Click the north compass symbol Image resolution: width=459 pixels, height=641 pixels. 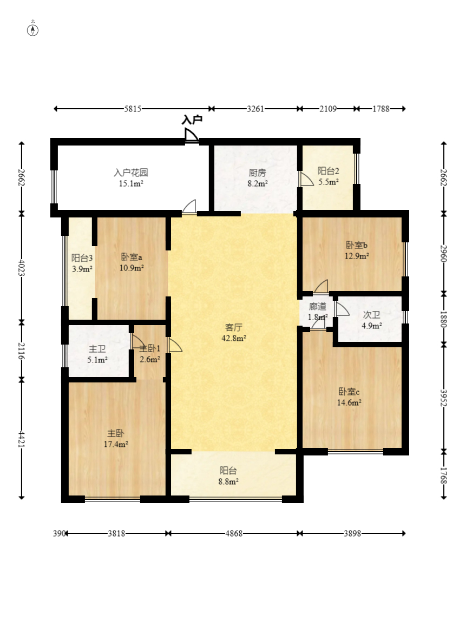tap(32, 30)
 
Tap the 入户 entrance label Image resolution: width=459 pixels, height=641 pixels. tap(192, 120)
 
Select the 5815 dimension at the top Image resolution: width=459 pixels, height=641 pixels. tap(133, 109)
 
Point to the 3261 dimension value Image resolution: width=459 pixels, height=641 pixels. tap(255, 109)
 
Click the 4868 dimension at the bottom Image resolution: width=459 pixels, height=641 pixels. tap(234, 533)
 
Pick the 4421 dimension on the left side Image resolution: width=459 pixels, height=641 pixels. tap(21, 439)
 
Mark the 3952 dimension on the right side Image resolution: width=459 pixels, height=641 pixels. tap(444, 398)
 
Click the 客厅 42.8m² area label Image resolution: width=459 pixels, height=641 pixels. tap(234, 333)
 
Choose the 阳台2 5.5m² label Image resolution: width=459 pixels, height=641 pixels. tap(329, 176)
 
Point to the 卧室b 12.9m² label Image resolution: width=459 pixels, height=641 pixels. tap(357, 250)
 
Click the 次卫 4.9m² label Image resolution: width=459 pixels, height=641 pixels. tap(372, 320)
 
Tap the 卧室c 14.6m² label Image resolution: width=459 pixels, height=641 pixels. tap(349, 397)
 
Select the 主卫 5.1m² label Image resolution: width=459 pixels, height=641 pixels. tap(97, 354)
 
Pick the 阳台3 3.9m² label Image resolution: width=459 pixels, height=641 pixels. tap(82, 263)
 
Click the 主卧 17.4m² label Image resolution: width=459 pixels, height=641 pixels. tap(116, 439)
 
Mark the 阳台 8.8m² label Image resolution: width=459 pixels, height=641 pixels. tap(228, 476)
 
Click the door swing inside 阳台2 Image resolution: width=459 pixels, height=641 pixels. tap(306, 180)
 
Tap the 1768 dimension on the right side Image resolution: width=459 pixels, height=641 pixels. tap(444, 475)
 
